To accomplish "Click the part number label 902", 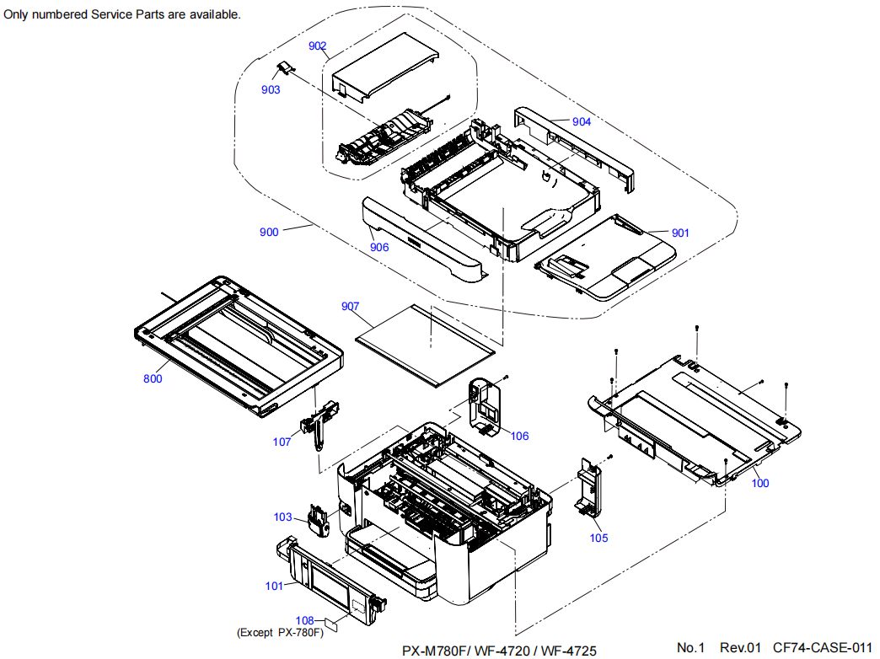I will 318,46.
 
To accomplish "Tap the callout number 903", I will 271,90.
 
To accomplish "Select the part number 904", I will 582,121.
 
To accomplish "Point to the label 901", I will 680,233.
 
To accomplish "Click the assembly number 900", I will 269,233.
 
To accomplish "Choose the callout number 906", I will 379,248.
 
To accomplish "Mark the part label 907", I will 351,306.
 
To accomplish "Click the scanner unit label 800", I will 153,379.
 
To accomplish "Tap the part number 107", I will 282,441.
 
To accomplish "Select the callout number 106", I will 520,436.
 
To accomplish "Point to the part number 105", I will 598,538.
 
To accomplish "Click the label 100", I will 760,484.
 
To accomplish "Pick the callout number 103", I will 282,517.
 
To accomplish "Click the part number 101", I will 275,587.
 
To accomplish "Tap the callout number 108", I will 304,621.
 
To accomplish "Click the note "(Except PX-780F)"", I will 281,633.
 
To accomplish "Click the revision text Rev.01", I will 740,647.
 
